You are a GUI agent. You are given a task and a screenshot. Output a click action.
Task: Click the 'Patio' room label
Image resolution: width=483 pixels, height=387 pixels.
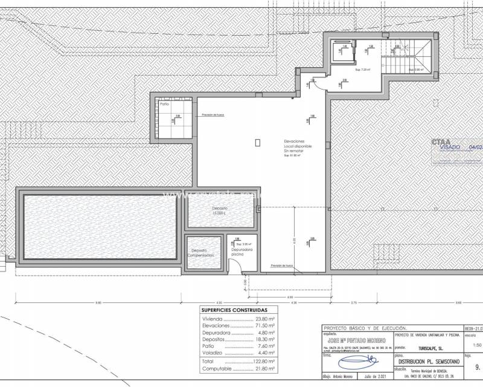pos(164,104)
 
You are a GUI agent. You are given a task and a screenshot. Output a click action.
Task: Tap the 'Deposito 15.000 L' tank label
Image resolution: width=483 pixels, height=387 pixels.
pos(219,210)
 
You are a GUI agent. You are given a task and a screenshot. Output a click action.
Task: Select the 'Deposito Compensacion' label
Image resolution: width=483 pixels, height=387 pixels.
pos(200,253)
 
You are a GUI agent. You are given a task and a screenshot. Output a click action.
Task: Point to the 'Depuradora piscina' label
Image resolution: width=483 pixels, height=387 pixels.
pos(241,252)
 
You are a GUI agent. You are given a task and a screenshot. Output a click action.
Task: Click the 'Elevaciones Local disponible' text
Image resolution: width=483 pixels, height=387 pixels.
pos(298,146)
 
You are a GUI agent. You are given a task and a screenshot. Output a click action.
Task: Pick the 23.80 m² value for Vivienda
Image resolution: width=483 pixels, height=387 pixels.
pos(264,319)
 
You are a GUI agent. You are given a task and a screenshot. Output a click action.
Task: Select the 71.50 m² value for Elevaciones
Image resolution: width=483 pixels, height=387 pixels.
pos(264,325)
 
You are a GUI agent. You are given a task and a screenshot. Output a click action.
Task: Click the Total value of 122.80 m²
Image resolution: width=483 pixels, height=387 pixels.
pos(263,361)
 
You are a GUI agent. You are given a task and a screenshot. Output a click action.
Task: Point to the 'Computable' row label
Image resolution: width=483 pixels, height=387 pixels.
pos(217,368)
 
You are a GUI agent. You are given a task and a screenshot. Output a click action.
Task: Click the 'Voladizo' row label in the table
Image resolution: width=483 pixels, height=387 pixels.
pos(213,353)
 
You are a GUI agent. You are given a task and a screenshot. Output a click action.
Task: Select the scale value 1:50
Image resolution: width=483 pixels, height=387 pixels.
pos(472,346)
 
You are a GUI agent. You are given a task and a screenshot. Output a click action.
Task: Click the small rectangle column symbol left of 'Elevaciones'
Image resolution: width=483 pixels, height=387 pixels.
pos(258,143)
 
